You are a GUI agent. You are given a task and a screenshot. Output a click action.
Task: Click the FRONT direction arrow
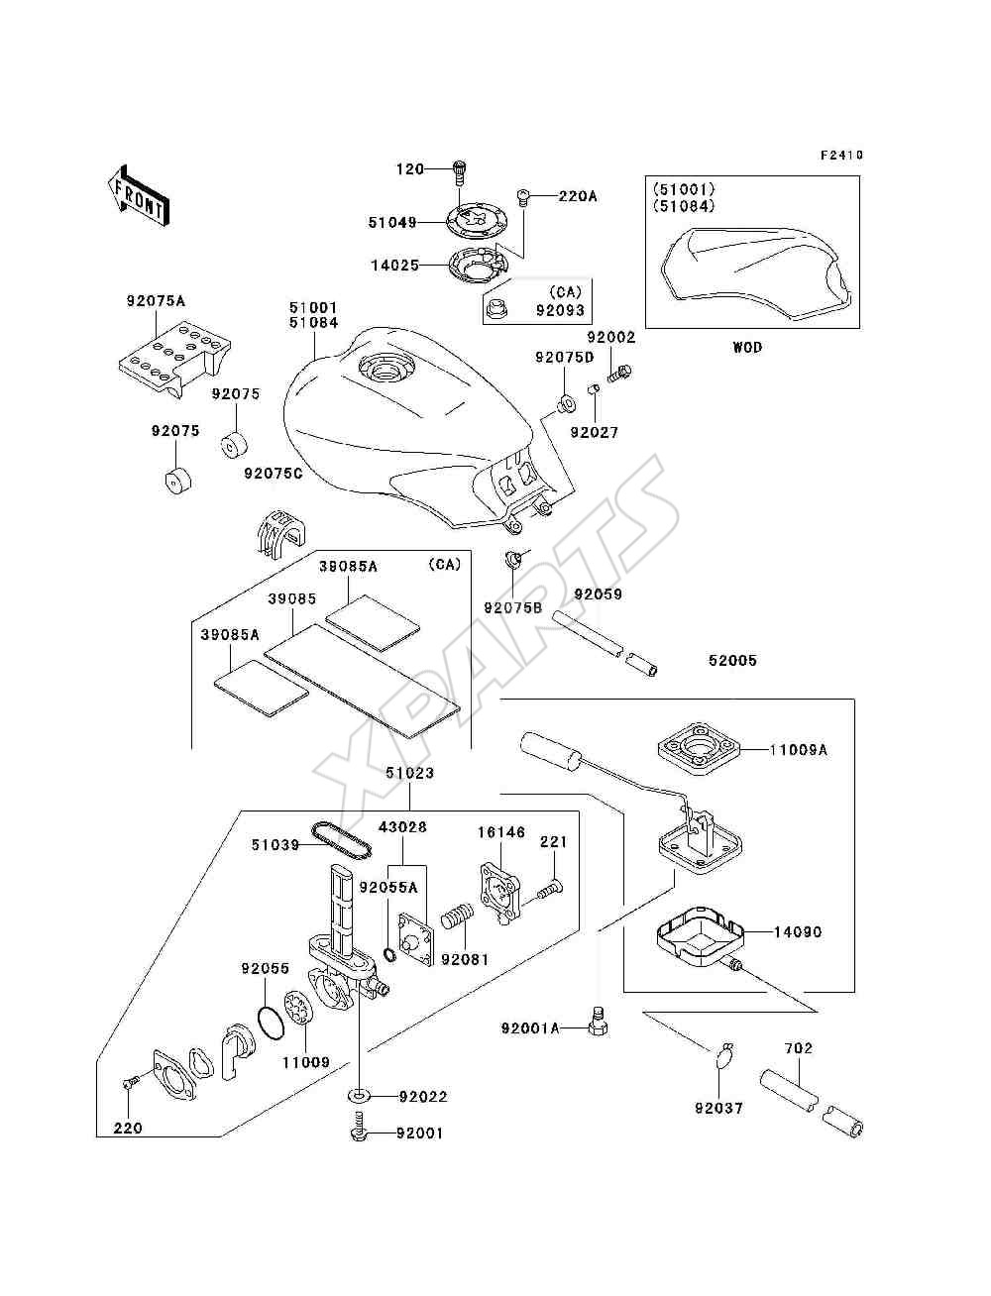pyautogui.click(x=140, y=195)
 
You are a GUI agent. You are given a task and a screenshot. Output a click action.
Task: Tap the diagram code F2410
pyautogui.click(x=841, y=155)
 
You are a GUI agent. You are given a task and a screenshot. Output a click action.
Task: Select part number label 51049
pyautogui.click(x=392, y=223)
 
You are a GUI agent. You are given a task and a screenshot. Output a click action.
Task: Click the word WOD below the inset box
pyautogui.click(x=747, y=347)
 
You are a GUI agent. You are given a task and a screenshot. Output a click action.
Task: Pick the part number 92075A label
pyautogui.click(x=156, y=301)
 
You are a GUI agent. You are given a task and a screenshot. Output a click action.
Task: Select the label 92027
pyautogui.click(x=595, y=433)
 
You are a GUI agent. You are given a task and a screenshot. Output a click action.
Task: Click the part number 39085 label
pyautogui.click(x=292, y=598)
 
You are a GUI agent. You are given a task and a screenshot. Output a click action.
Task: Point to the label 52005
pyautogui.click(x=732, y=660)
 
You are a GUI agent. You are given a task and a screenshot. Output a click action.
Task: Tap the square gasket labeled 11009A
pyautogui.click(x=699, y=750)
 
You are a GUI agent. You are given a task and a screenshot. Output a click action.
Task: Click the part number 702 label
pyautogui.click(x=799, y=1048)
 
